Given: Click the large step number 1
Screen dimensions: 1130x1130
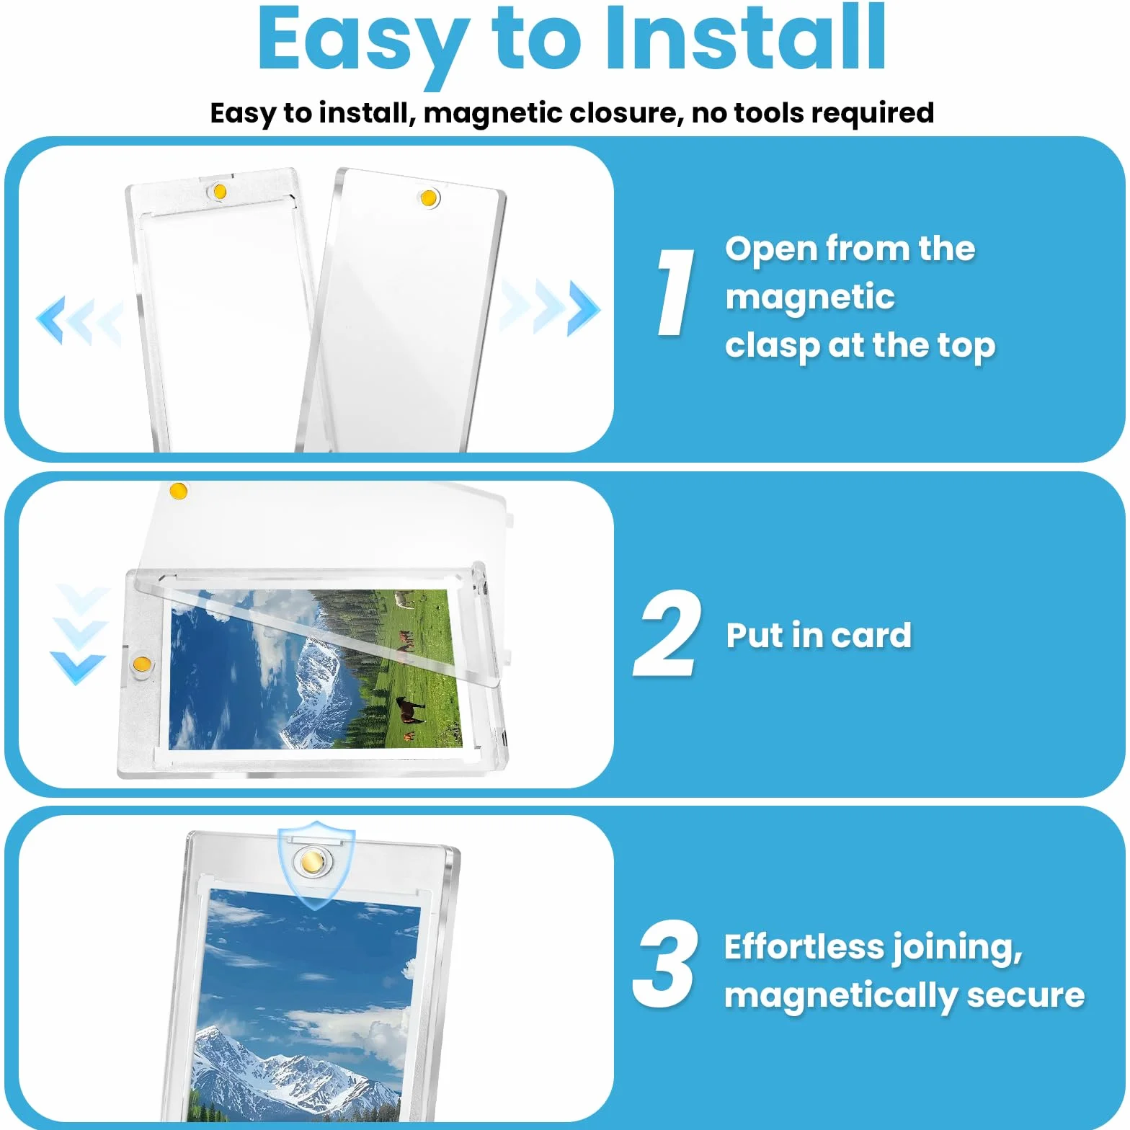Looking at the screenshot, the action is [x=675, y=293].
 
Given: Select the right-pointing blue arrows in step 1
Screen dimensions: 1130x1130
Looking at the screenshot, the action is [x=550, y=308].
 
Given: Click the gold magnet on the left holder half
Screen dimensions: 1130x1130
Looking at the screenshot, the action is [x=220, y=192].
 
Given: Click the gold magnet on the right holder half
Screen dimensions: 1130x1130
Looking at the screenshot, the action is [x=429, y=197].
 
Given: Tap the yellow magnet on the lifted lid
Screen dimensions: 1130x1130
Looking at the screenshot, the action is [x=178, y=491].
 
